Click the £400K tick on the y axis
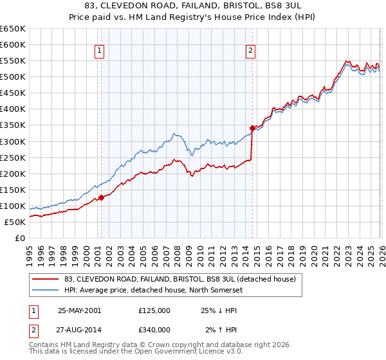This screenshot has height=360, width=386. [x=13, y=109]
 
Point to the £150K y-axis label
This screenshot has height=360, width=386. [x=13, y=190]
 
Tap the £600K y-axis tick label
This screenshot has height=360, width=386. [x=13, y=44]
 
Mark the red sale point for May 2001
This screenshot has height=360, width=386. [x=101, y=197]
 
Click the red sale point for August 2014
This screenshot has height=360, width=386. [x=252, y=128]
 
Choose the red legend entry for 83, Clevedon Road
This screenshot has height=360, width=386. [x=179, y=279]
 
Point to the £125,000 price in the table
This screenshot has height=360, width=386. [x=154, y=310]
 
